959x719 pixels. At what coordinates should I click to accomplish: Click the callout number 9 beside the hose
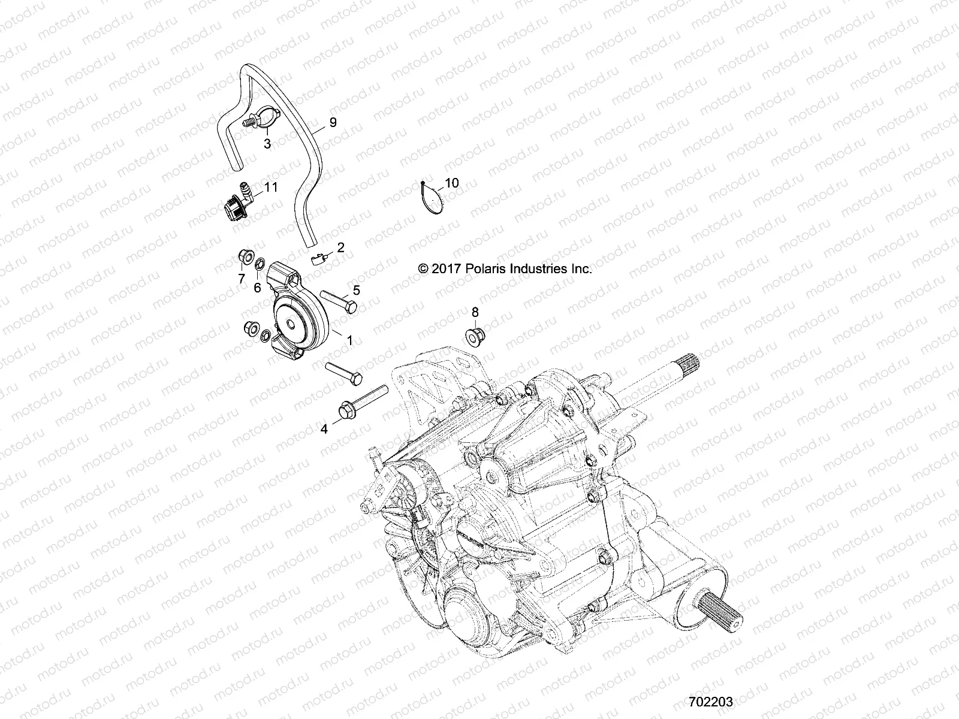333,122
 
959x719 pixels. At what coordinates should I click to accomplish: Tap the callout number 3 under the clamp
267,144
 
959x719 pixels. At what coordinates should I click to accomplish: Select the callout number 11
271,188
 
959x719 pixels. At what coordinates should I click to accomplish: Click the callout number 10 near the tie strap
451,183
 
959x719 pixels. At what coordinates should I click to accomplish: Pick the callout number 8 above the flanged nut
475,312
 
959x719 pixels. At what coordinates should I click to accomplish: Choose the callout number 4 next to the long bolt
324,429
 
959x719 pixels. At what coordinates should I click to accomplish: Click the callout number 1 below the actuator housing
350,340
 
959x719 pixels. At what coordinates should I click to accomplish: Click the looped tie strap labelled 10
432,198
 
